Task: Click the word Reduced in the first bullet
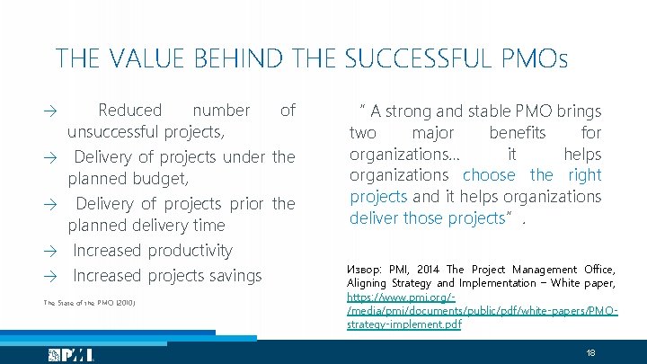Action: [130, 111]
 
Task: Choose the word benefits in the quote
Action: [517, 133]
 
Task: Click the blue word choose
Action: [489, 175]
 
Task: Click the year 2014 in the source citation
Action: [430, 270]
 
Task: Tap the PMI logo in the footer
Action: [71, 354]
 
